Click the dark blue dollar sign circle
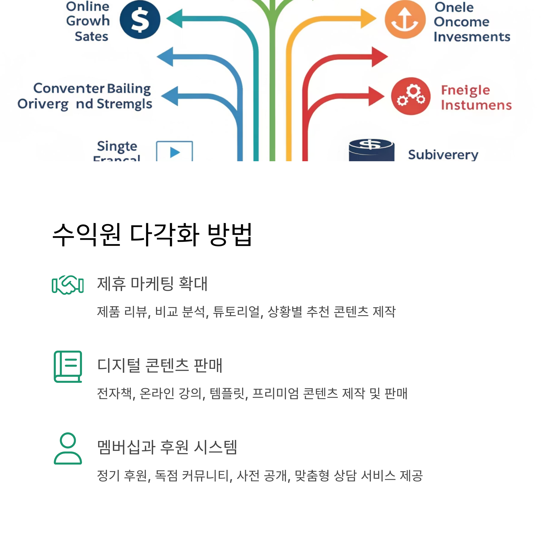click(x=140, y=20)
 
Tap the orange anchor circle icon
click(x=405, y=20)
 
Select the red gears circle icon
click(x=411, y=96)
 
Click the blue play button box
click(x=175, y=152)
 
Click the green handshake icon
click(x=68, y=285)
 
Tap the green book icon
click(x=68, y=367)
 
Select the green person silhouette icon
click(x=68, y=448)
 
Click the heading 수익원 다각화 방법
click(x=152, y=235)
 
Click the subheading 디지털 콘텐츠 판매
click(x=160, y=366)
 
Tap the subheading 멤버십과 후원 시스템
click(x=167, y=447)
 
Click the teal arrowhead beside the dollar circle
click(x=175, y=19)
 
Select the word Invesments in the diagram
click(x=472, y=37)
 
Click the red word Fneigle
click(x=466, y=90)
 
